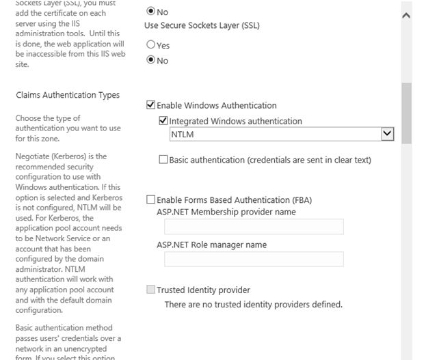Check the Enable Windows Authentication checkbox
coord(151,106)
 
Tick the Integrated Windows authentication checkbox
coord(163,121)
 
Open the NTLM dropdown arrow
coord(388,135)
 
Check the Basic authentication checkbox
coord(163,160)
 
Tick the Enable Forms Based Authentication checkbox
coord(151,200)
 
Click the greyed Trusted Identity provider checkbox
coord(151,290)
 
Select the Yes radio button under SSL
coord(151,46)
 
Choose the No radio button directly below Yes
coord(151,61)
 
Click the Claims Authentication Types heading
coord(68,95)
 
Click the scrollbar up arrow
coord(407,14)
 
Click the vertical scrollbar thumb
coord(407,113)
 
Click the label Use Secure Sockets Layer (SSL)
coord(202,25)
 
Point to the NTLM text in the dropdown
coord(183,135)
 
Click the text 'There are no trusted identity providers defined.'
coord(253,304)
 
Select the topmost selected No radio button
coord(151,12)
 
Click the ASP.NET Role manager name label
coord(211,245)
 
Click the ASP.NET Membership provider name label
coord(226,212)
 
